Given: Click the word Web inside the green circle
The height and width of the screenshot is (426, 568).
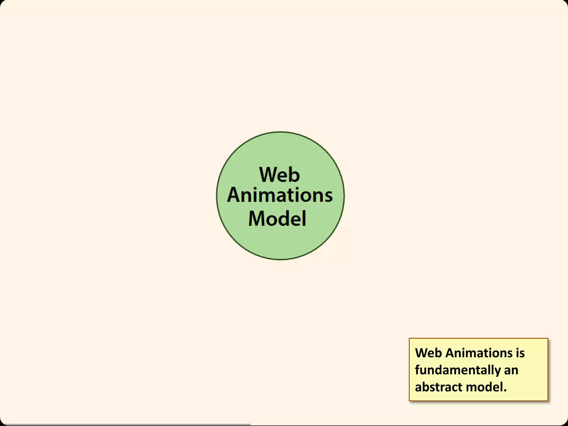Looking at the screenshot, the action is click(x=280, y=175).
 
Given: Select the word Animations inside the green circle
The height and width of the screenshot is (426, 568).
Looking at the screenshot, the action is click(x=280, y=195).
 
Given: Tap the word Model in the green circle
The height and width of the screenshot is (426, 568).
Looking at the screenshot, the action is click(x=277, y=218).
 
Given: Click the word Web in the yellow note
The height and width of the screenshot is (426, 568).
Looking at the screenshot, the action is click(x=428, y=353).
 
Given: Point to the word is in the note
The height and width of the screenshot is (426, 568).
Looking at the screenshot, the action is click(x=520, y=353).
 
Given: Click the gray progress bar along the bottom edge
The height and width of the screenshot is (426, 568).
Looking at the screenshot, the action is click(x=125, y=425).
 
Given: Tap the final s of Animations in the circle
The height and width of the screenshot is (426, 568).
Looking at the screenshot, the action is click(x=328, y=196).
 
